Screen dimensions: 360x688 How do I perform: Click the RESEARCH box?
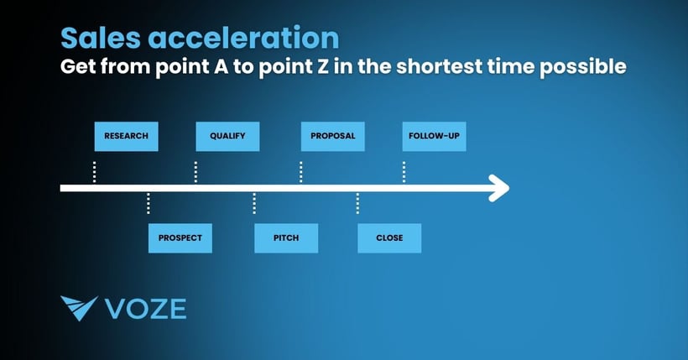tap(126, 136)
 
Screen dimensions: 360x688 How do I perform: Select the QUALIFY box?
tap(227, 136)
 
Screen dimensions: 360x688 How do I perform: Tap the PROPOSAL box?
tap(332, 136)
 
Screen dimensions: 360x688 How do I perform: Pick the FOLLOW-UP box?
tap(434, 136)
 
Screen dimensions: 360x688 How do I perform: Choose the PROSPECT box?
tap(180, 237)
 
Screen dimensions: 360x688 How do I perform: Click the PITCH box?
tap(286, 237)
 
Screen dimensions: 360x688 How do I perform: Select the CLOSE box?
tap(389, 237)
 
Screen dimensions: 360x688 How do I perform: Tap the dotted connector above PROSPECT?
tap(149, 204)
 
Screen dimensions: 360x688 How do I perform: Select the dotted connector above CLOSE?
tap(358, 204)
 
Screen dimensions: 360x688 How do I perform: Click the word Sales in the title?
tap(95, 38)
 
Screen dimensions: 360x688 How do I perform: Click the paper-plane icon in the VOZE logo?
tap(79, 309)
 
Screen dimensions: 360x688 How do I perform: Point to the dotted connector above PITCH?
tap(254, 204)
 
